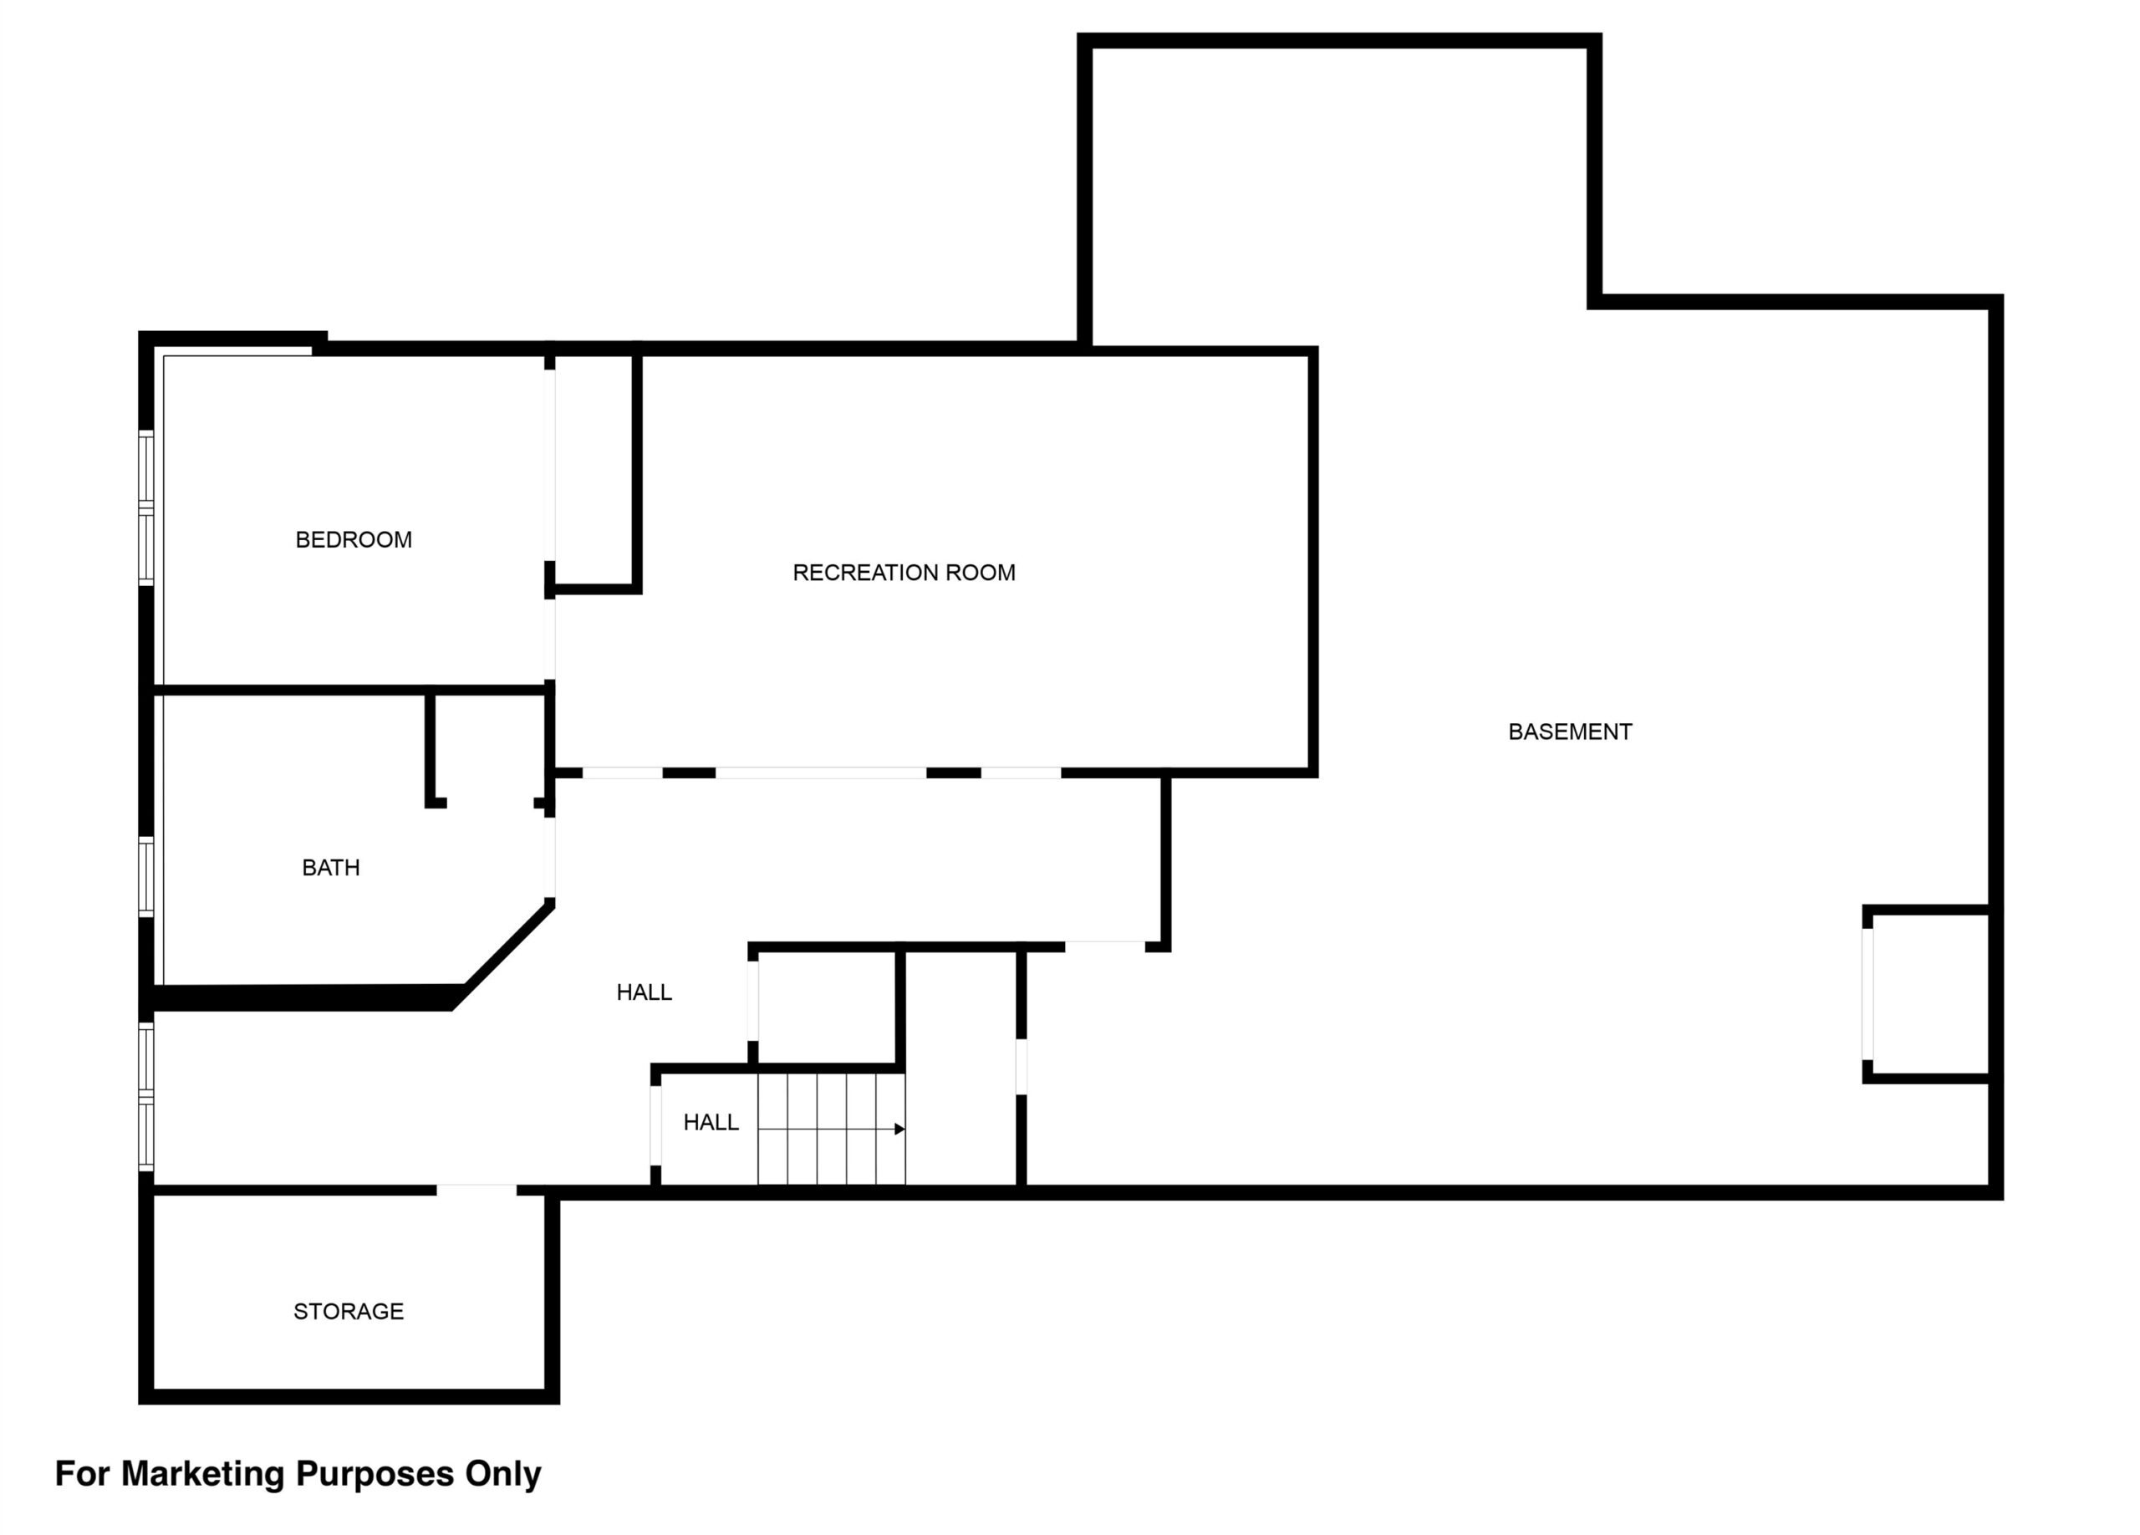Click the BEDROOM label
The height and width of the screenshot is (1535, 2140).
[354, 539]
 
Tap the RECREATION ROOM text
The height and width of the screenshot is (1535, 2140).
[904, 573]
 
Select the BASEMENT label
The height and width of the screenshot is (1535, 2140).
[1570, 732]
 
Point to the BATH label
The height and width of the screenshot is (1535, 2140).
[330, 868]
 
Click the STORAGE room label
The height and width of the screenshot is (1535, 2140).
[349, 1312]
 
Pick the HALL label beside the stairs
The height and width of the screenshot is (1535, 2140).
[711, 1123]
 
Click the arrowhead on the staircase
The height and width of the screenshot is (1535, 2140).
[899, 1130]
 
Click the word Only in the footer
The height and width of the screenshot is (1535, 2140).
[503, 1475]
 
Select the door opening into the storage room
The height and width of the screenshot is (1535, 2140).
[476, 1191]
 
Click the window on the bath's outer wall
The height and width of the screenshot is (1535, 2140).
[146, 876]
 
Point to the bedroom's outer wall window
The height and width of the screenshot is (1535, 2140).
[146, 507]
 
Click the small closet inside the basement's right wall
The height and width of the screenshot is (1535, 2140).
[1929, 993]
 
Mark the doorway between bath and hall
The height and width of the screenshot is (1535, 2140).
[550, 858]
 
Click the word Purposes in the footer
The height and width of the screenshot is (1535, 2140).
[374, 1475]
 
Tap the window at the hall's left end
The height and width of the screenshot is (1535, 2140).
[146, 1097]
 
